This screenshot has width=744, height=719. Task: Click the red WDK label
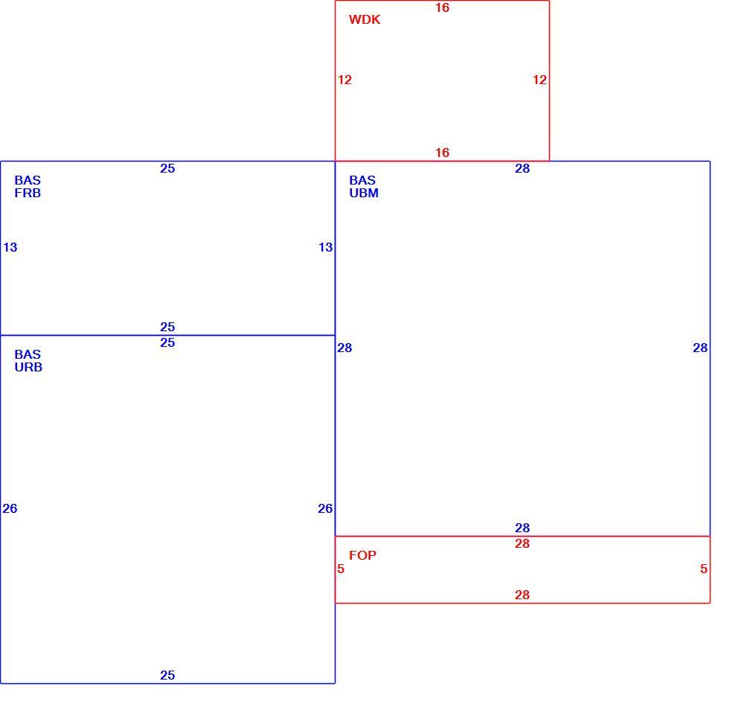pos(365,19)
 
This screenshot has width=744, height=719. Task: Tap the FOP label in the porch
pos(362,555)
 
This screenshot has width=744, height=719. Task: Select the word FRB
pos(28,194)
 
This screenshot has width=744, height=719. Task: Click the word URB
pos(28,368)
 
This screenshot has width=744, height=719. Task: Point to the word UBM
pos(364,194)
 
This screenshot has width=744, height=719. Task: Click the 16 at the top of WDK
pos(442,7)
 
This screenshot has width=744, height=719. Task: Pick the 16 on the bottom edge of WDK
pos(442,153)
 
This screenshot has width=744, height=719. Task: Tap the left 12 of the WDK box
pos(344,80)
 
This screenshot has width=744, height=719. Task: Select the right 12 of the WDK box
pos(539,80)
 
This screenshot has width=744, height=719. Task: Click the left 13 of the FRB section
pos(10,247)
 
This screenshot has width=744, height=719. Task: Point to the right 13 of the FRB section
pos(326,247)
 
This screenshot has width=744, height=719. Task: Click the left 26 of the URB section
pos(10,509)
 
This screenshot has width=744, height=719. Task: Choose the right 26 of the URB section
pos(325,509)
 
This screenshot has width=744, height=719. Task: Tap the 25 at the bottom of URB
pos(167,675)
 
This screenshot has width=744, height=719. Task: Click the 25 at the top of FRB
pos(167,168)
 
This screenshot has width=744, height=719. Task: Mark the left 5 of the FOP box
pos(341,569)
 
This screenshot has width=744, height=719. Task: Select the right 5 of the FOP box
pos(704,569)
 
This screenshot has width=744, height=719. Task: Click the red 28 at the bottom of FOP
pos(522,595)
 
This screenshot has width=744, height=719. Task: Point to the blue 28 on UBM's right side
pos(700,348)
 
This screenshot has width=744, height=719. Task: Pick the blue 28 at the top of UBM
pos(522,168)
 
